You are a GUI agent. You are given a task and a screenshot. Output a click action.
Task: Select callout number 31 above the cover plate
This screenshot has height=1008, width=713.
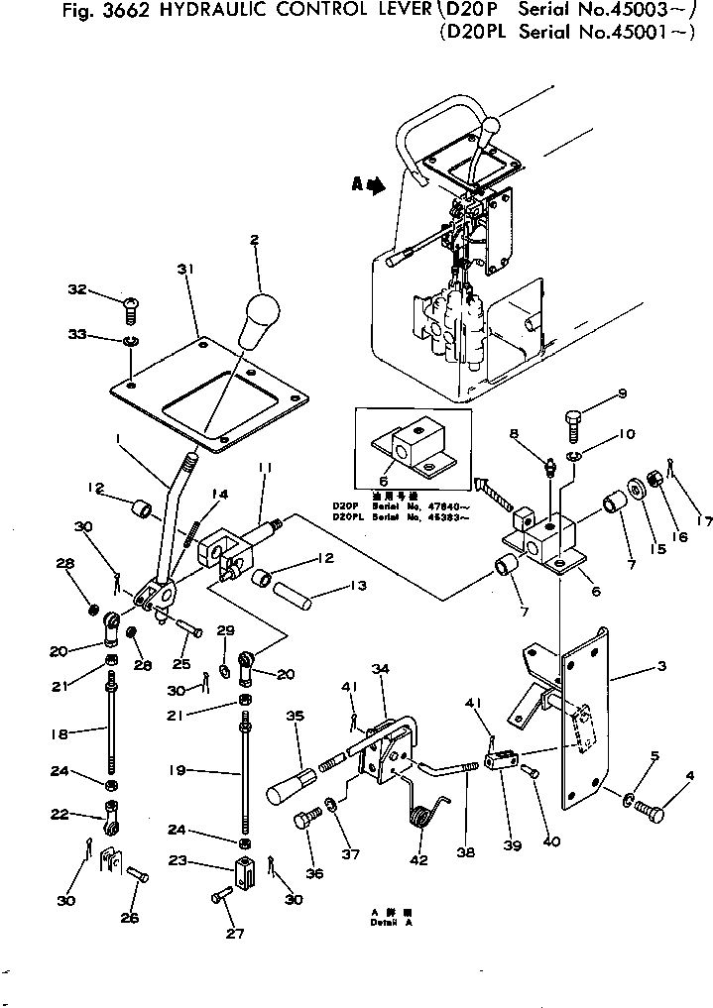182,269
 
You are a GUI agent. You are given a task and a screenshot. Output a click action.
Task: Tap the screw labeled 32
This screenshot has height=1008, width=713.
128,313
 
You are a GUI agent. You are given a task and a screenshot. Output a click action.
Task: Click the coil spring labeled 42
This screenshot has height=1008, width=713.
423,819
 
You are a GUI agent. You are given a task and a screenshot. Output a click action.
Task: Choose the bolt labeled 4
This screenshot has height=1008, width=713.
651,811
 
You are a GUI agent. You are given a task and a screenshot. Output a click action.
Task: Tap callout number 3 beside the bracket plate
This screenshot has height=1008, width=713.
661,668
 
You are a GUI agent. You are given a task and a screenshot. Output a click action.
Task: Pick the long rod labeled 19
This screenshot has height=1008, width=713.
243,773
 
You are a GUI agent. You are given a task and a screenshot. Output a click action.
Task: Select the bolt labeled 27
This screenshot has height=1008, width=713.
221,895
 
